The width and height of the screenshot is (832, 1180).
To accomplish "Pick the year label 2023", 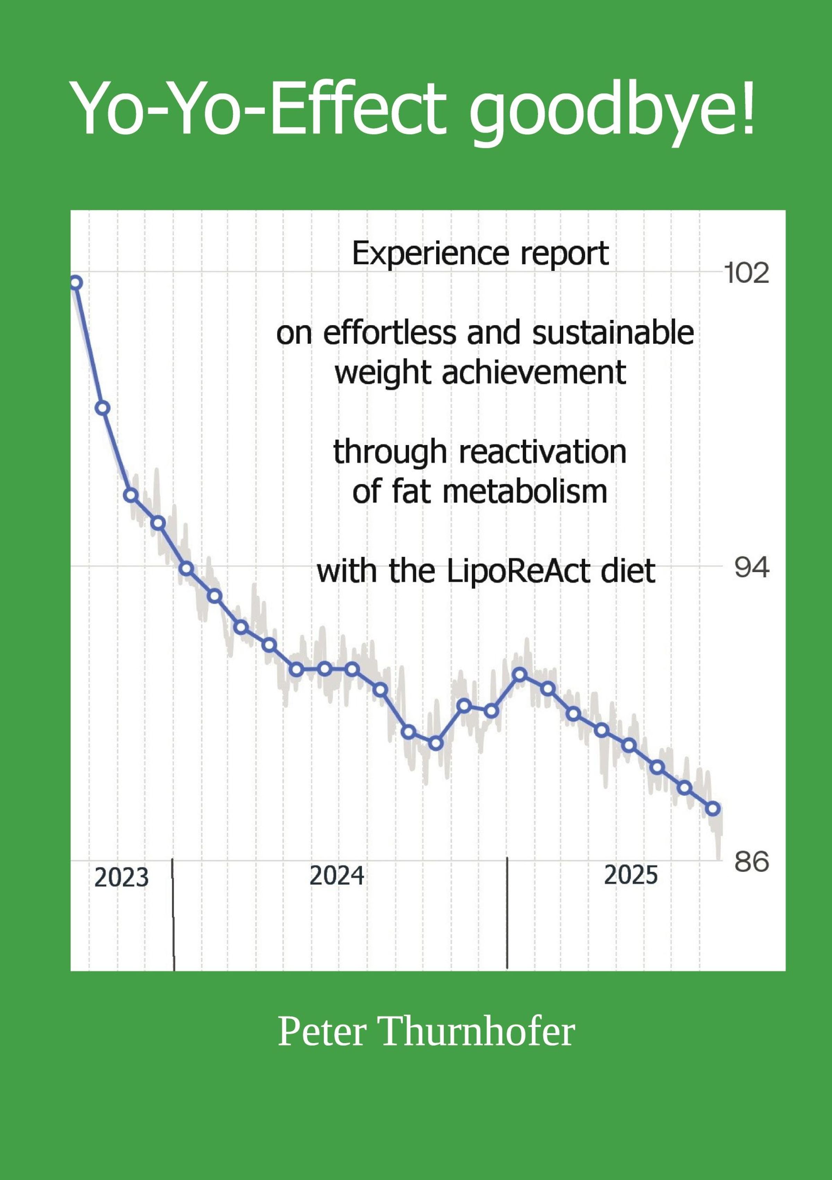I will click(x=121, y=878).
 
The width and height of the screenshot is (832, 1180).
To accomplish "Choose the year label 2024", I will click(x=337, y=876).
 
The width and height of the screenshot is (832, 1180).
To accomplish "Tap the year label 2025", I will click(x=631, y=875).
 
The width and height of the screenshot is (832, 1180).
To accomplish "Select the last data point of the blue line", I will click(x=713, y=809).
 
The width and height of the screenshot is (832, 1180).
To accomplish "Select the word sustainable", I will click(x=613, y=333).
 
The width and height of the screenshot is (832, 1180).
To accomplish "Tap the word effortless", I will click(x=389, y=333).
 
